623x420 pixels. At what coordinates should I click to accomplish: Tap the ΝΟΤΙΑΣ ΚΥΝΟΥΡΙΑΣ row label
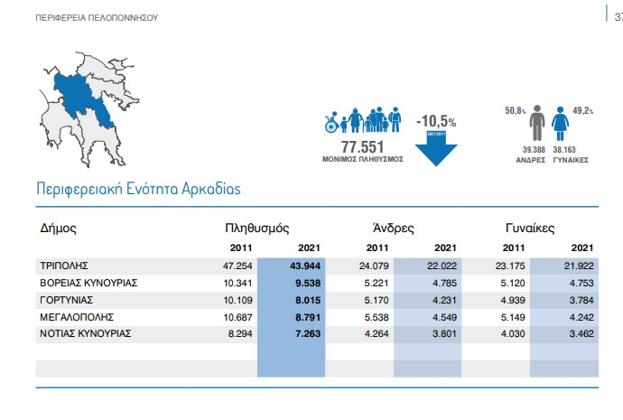point(86,333)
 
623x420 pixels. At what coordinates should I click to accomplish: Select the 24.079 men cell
point(373,266)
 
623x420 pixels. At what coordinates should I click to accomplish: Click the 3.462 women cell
point(579,333)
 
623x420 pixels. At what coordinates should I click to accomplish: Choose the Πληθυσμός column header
point(257,229)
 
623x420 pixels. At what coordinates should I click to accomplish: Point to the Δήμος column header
point(58,229)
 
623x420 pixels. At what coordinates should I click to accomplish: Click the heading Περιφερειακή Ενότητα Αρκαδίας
point(137,191)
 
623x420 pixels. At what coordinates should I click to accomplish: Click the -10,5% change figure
point(436,121)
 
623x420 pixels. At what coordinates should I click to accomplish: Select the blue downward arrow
point(436,148)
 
